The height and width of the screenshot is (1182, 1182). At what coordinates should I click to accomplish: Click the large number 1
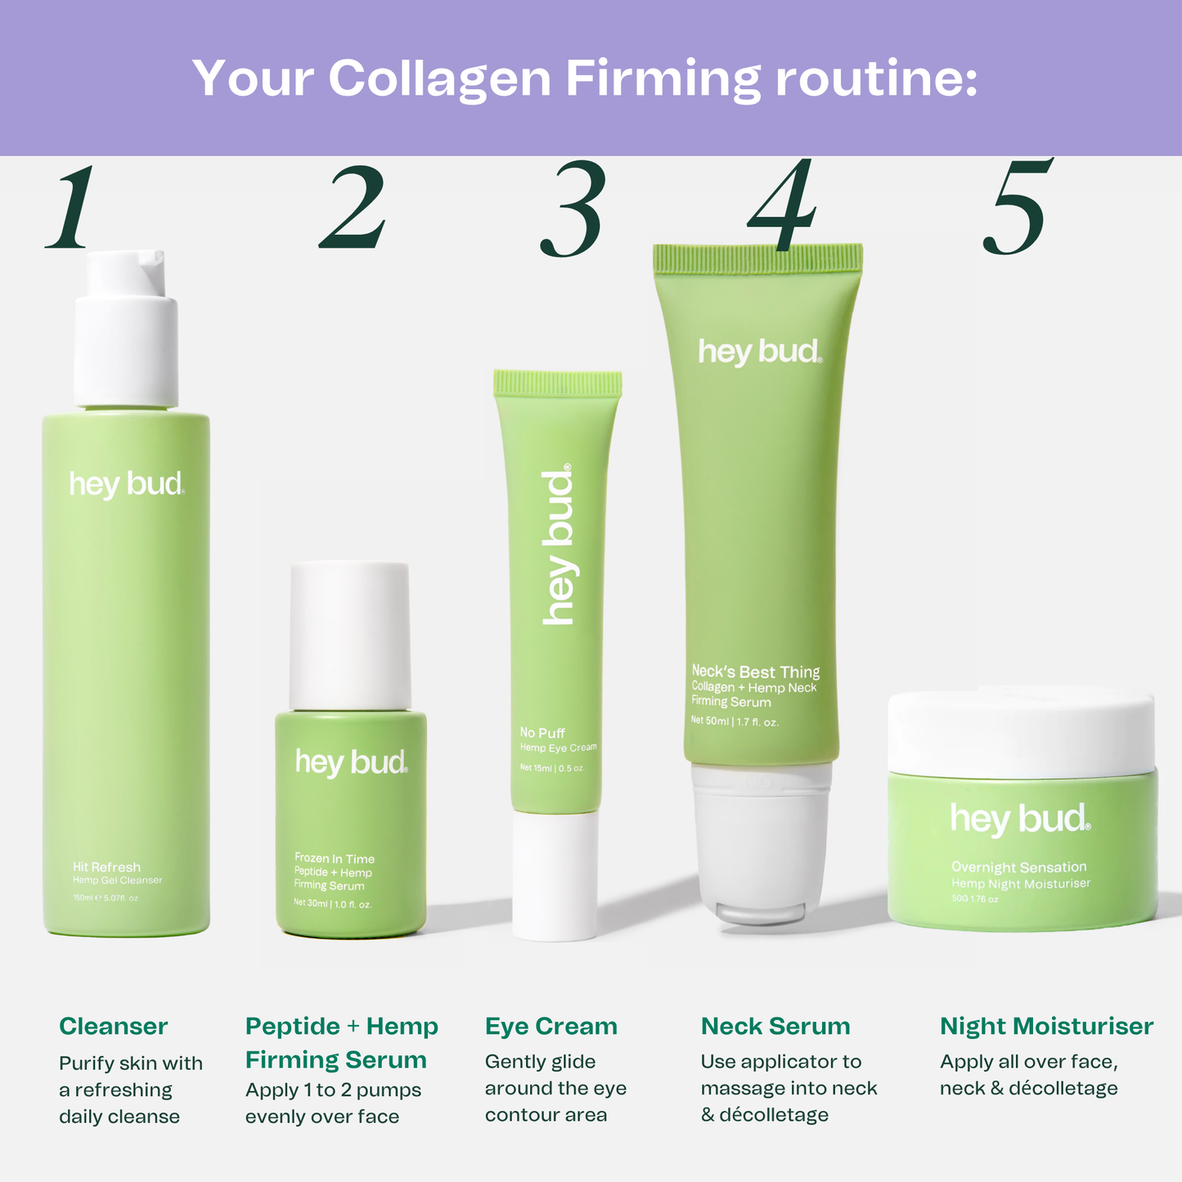click(x=72, y=208)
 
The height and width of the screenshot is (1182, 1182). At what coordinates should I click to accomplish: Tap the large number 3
click(x=573, y=209)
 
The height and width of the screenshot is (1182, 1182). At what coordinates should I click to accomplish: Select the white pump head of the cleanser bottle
click(x=126, y=327)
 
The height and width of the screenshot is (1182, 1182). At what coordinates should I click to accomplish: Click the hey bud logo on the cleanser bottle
click(x=126, y=484)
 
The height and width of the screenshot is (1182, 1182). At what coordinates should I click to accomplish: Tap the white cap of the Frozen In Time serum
click(x=349, y=635)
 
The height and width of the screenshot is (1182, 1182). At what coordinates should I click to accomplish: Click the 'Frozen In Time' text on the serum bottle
click(x=334, y=858)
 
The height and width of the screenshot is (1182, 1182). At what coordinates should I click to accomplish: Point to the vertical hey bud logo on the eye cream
click(x=559, y=546)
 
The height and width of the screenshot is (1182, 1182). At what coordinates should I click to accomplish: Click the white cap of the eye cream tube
click(x=555, y=875)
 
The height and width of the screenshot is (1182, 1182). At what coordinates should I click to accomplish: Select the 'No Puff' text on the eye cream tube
click(x=542, y=733)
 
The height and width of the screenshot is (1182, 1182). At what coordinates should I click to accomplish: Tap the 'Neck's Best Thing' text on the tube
click(x=755, y=672)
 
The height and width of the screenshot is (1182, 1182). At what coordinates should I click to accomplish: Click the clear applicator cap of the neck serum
click(x=761, y=843)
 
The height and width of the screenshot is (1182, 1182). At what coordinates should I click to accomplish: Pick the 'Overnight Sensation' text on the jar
click(x=1018, y=867)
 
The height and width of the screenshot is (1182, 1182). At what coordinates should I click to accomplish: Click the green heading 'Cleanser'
click(x=113, y=1026)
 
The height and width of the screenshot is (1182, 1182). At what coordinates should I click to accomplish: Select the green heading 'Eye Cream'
click(x=551, y=1026)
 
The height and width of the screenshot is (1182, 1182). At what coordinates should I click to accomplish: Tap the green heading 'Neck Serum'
click(x=775, y=1026)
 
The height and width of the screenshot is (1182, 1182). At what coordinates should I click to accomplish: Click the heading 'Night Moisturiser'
click(x=1046, y=1026)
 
